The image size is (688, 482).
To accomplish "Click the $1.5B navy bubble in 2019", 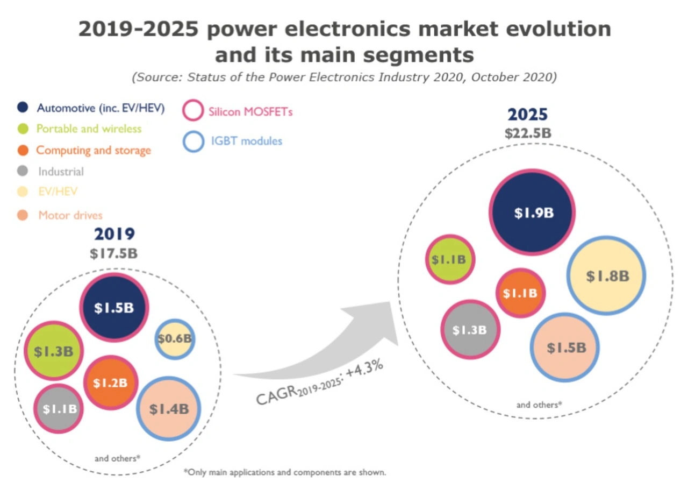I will [114, 307].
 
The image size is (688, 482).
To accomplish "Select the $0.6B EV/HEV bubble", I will [175, 339].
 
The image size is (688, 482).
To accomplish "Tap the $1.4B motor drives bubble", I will [169, 409].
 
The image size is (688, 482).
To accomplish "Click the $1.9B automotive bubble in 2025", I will [532, 212].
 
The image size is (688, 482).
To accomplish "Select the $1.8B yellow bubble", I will [606, 276].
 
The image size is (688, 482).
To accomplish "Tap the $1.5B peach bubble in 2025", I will [565, 348].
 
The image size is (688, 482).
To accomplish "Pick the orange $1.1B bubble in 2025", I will [520, 293].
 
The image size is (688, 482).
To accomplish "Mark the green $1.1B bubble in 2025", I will [451, 260].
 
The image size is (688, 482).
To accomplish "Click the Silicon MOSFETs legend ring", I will [193, 112].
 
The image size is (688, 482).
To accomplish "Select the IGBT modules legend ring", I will [193, 141].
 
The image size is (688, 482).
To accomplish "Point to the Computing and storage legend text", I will [94, 150].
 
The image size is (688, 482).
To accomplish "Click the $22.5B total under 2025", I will [528, 133].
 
